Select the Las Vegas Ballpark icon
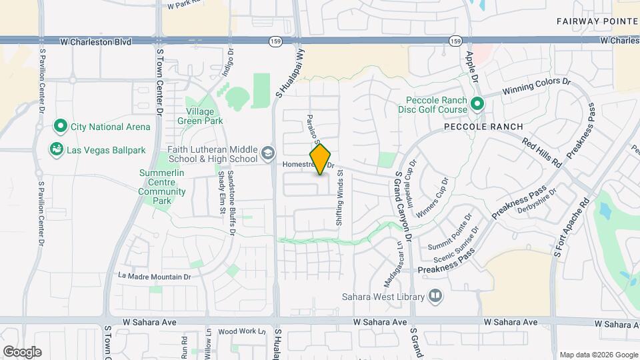[x=57, y=149]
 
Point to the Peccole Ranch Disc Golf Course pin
[x=477, y=104]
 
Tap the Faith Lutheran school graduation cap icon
[x=267, y=153]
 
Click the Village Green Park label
[x=200, y=116]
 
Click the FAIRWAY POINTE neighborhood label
[x=597, y=21]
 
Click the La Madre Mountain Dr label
[x=154, y=276]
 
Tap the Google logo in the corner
[x=22, y=351]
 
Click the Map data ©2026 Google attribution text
[x=598, y=355]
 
